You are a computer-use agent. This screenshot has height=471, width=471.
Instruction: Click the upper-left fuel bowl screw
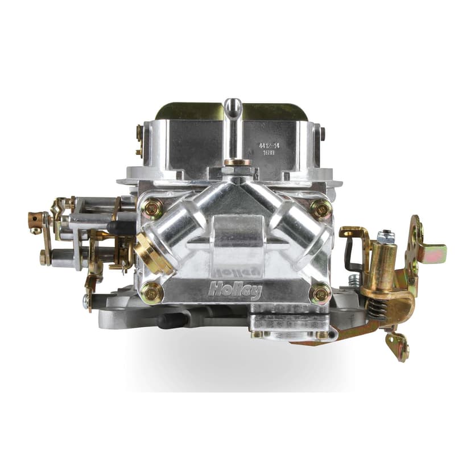point(152,208)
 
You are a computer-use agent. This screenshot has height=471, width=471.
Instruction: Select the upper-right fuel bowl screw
point(321,209)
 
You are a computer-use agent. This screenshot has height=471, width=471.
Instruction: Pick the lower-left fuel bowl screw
point(152,292)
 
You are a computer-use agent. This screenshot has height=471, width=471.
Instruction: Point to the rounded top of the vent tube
point(232,105)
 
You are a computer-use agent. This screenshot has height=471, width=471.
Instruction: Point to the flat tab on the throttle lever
point(436,250)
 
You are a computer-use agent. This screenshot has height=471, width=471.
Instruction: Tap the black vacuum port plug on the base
point(166,321)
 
